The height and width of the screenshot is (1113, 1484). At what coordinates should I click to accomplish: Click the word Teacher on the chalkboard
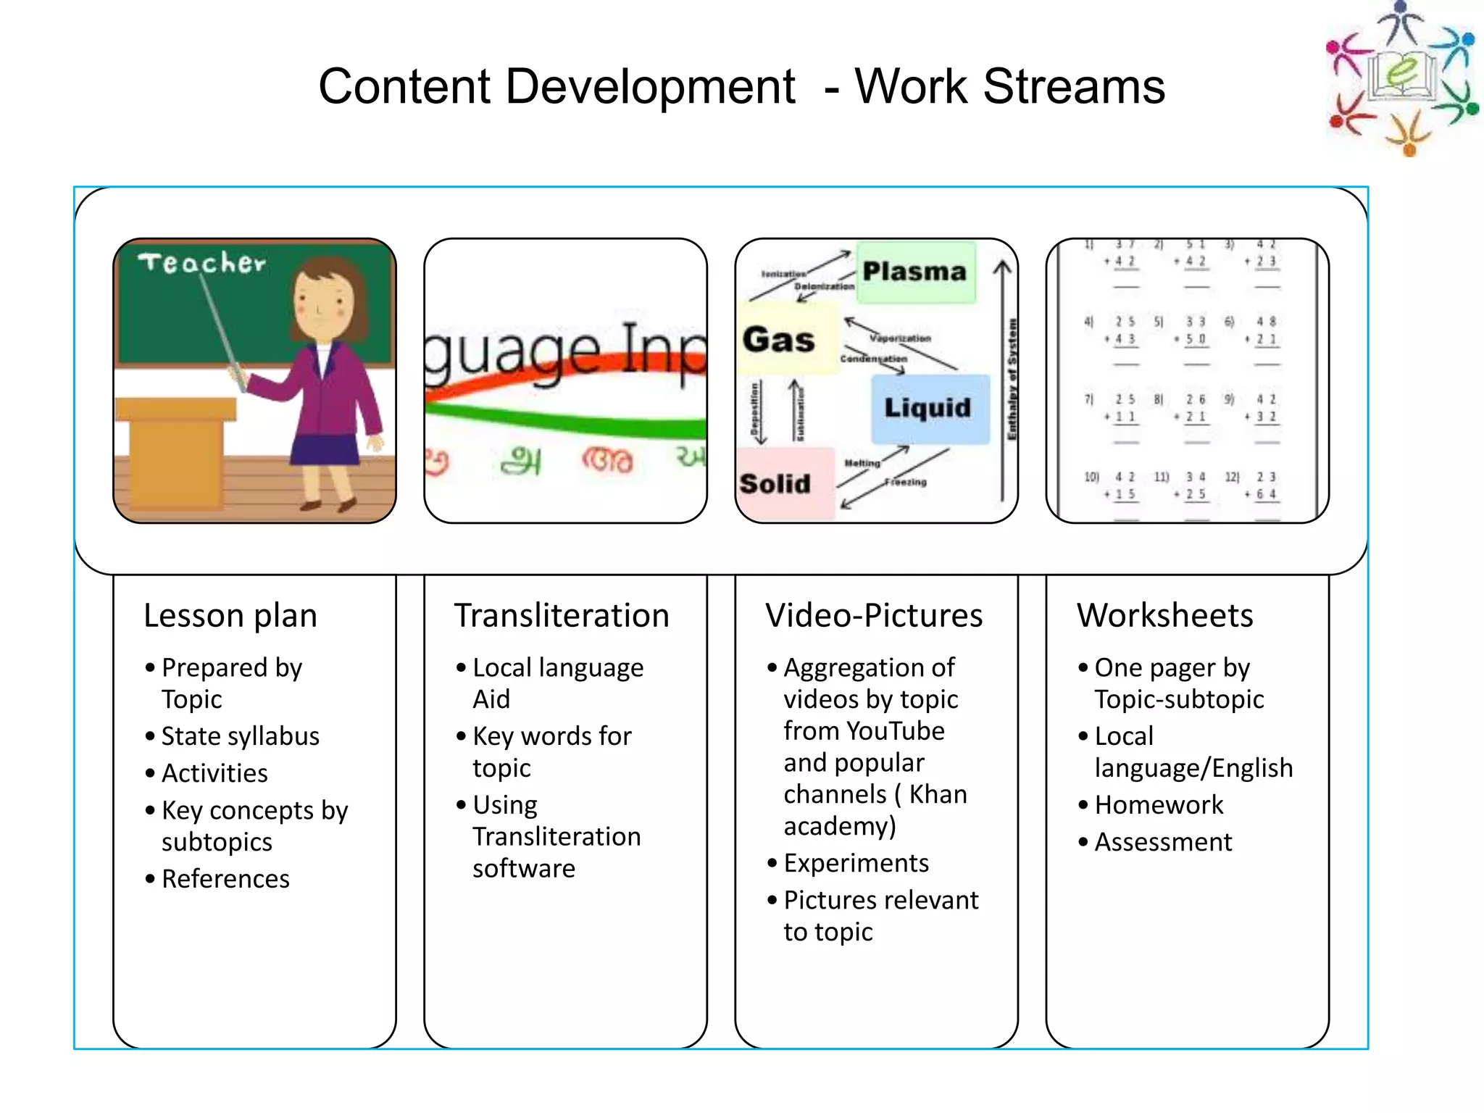point(202,262)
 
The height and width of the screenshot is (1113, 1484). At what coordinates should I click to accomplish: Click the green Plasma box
point(915,272)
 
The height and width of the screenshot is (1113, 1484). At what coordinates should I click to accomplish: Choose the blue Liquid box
point(929,408)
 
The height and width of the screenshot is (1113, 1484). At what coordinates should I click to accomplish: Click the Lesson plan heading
point(230,616)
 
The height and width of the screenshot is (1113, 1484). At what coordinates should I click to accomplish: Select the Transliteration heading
point(562,616)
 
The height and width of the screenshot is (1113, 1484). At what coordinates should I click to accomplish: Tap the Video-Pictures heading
point(874,616)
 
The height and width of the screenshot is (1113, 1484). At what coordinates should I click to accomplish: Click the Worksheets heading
point(1164,616)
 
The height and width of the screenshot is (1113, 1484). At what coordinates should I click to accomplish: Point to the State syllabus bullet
point(240,736)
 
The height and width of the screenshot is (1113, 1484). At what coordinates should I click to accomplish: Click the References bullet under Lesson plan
point(225,879)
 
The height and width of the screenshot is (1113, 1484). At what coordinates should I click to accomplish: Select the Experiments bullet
point(856,863)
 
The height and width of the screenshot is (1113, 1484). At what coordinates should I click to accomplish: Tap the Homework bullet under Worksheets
point(1159,805)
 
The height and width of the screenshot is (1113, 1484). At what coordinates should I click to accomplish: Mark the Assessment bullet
point(1163,842)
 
